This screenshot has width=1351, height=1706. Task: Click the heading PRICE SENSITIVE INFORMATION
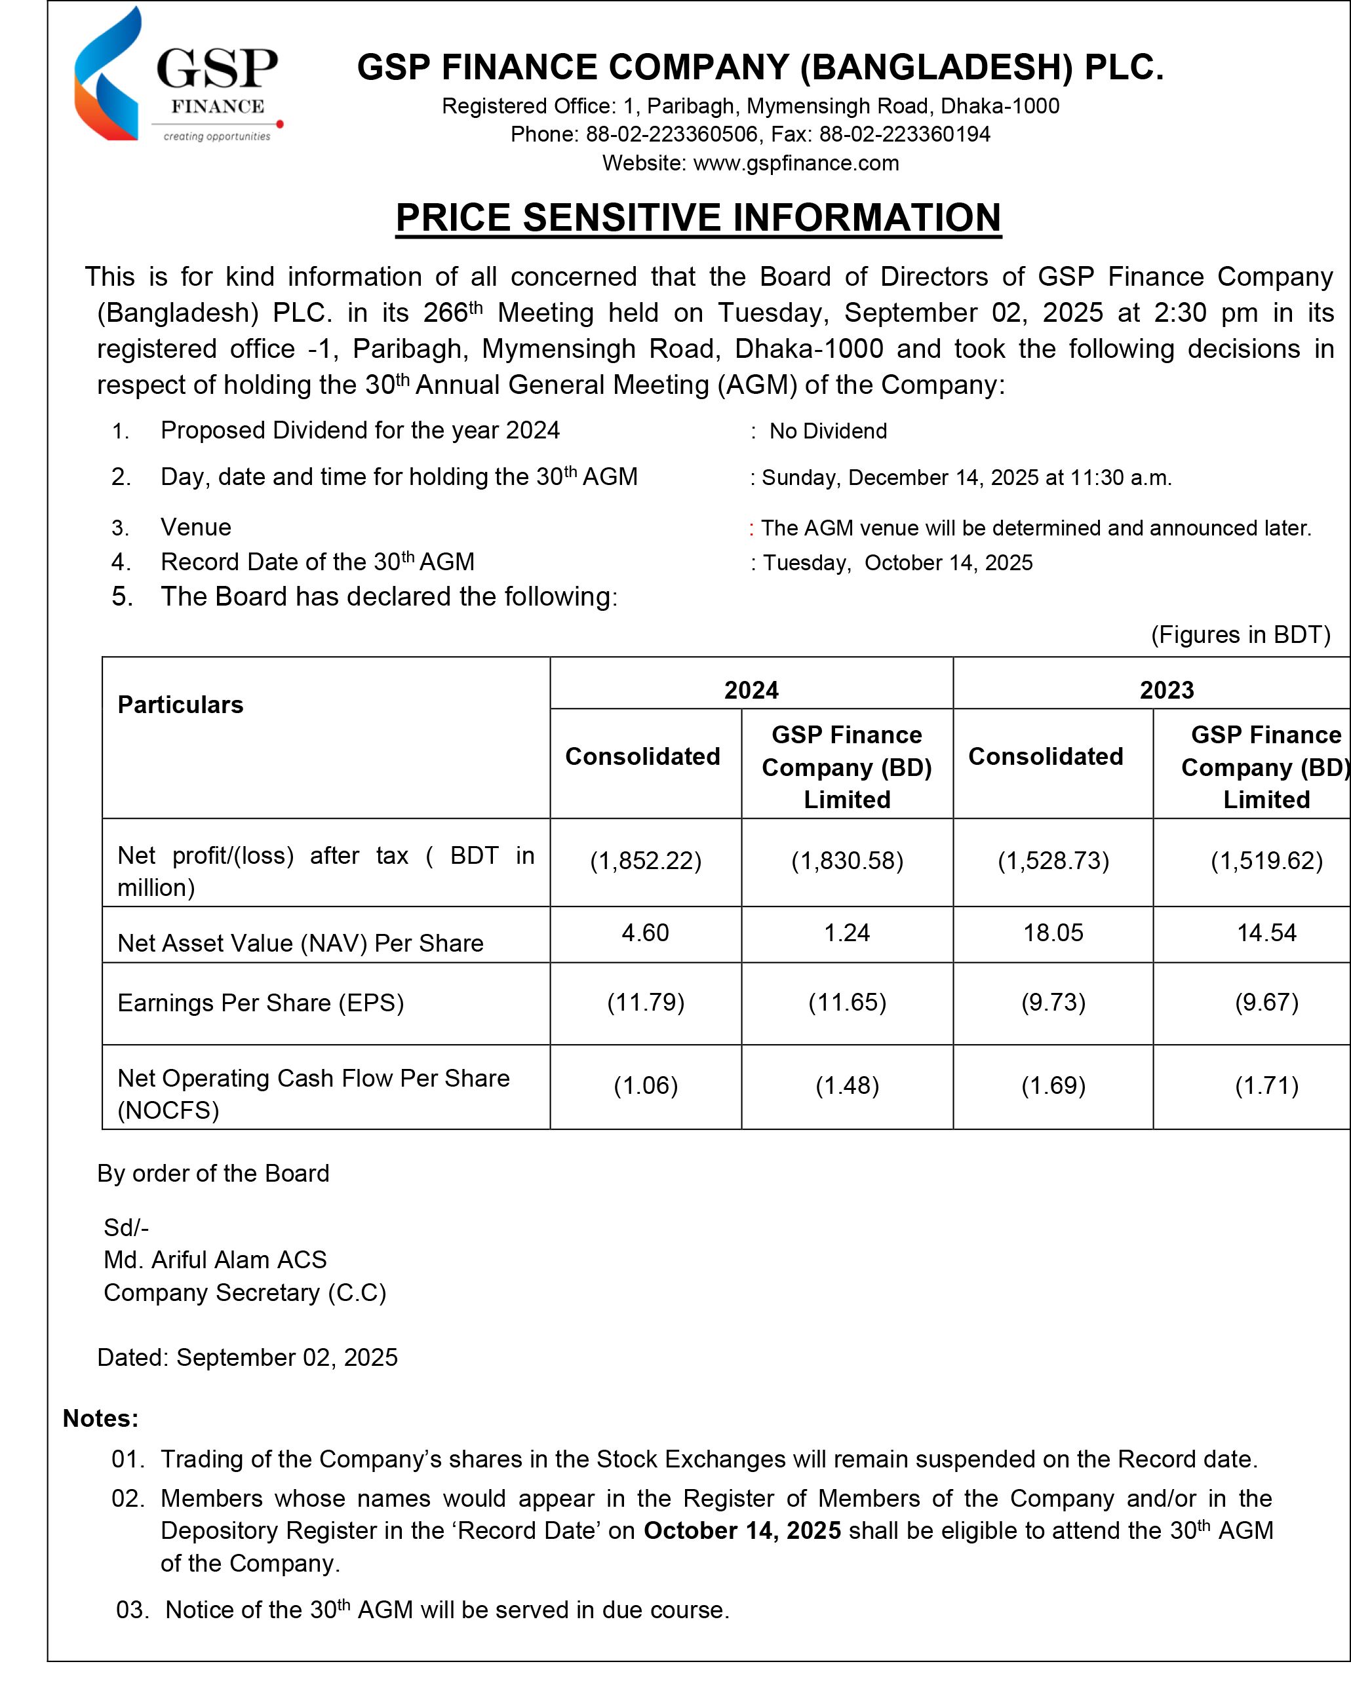(697, 218)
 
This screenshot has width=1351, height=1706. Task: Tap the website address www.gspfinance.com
(796, 163)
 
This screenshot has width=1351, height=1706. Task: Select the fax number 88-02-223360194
(904, 134)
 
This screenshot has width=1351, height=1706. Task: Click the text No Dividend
(827, 431)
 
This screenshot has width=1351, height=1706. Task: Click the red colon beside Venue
(751, 528)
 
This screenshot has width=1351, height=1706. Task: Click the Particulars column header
(180, 705)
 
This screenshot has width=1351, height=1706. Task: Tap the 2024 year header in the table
(751, 689)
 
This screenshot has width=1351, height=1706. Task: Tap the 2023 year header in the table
(1166, 689)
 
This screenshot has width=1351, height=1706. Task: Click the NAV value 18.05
(1053, 933)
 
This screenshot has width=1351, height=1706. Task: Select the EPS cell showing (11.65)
(846, 1002)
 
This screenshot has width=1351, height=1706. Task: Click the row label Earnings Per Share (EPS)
(260, 1003)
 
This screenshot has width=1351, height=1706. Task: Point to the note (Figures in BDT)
(1240, 634)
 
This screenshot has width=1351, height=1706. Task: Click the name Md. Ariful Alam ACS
(215, 1259)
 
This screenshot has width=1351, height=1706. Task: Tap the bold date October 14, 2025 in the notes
(741, 1530)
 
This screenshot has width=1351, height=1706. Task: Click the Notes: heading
(100, 1418)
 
